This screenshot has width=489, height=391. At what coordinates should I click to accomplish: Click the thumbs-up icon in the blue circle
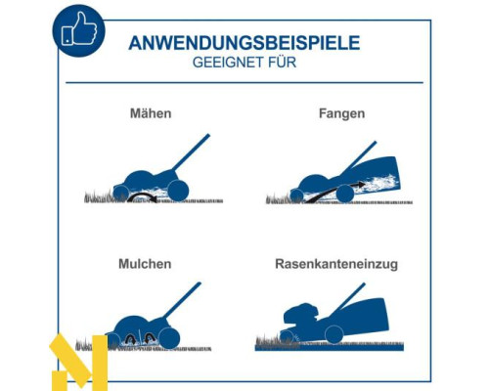[x=79, y=29]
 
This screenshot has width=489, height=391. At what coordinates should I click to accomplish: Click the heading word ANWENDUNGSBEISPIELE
[x=244, y=43]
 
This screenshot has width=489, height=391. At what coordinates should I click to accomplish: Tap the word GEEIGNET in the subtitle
[x=228, y=63]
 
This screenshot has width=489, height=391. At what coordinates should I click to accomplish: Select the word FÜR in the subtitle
[x=283, y=62]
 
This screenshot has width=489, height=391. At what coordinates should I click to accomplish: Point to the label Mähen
[x=151, y=113]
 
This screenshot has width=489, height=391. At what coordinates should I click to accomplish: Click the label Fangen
[x=341, y=114]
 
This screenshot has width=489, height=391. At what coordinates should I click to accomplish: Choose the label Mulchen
[x=145, y=264]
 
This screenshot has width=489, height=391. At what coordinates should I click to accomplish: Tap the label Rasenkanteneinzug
[x=336, y=264]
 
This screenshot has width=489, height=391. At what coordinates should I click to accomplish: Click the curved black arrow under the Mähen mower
[x=142, y=195]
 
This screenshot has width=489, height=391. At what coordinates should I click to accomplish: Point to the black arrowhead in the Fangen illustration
[x=361, y=185]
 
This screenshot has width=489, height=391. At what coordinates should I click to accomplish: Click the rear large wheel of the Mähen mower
[x=178, y=191]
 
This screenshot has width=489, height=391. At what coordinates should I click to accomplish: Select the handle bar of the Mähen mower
[x=191, y=152]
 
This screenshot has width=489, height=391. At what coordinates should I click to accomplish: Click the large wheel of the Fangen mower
[x=345, y=194]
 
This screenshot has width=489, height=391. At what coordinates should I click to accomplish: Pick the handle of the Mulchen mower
[x=182, y=300]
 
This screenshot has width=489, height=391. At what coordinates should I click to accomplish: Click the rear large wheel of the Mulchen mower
[x=170, y=338]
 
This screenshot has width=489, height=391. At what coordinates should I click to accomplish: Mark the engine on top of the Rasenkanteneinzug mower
[x=301, y=314]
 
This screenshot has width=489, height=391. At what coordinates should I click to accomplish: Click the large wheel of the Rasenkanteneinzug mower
[x=334, y=334]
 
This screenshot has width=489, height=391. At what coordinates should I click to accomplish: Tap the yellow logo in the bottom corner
[x=78, y=362]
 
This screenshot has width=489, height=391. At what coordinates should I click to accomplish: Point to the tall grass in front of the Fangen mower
[x=278, y=198]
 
